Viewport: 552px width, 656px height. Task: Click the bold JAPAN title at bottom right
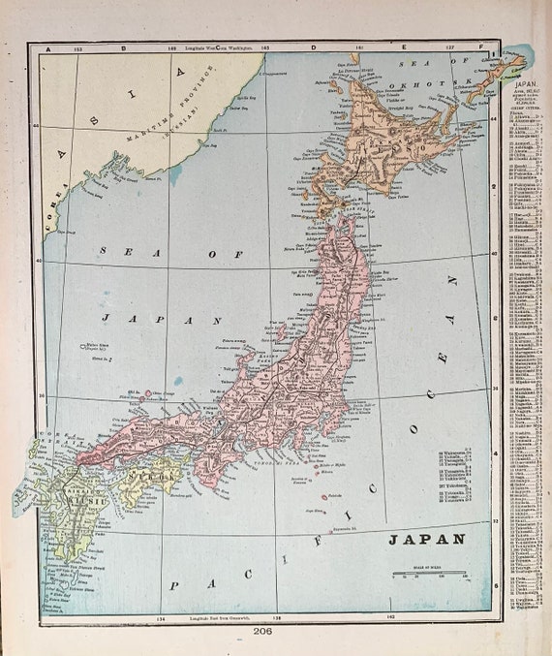pyautogui.click(x=427, y=539)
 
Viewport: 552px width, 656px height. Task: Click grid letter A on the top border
pyautogui.click(x=46, y=47)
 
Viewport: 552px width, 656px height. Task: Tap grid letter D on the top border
pyautogui.click(x=312, y=47)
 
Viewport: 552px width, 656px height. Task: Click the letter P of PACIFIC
pyautogui.click(x=174, y=586)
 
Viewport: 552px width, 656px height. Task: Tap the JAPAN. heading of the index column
pyautogui.click(x=512, y=85)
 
